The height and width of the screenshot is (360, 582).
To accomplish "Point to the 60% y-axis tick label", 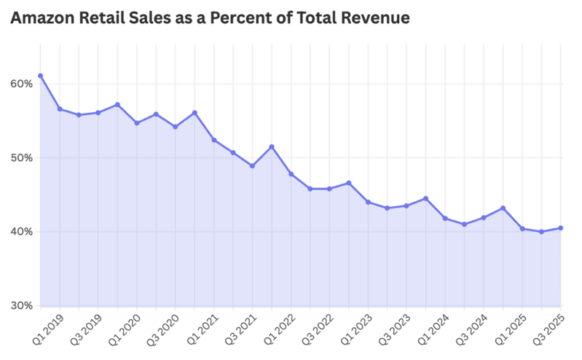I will tap(21, 84).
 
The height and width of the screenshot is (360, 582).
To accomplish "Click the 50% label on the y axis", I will tap(21, 158).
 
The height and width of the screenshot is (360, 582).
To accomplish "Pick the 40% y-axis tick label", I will tap(21, 232).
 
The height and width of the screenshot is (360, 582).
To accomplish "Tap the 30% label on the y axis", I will tap(21, 306).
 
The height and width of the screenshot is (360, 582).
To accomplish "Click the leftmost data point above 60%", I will tap(40, 76).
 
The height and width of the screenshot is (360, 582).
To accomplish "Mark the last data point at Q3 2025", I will tap(561, 228).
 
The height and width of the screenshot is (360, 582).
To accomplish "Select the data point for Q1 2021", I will tap(194, 113).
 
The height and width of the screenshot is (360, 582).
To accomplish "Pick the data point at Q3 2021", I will tap(252, 166).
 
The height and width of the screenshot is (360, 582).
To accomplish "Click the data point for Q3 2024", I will tap(484, 218).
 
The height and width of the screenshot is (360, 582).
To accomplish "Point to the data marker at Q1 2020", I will tap(117, 105).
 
